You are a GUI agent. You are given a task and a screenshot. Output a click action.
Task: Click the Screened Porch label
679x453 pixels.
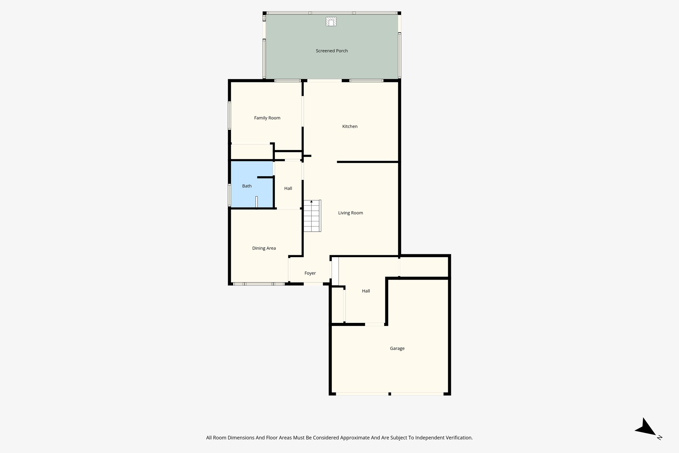click(332, 51)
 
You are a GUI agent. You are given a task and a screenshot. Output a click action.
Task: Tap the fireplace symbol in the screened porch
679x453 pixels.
click(331, 22)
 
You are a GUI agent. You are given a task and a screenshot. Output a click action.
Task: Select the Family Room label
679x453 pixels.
click(267, 118)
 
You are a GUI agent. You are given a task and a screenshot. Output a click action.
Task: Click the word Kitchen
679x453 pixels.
click(350, 126)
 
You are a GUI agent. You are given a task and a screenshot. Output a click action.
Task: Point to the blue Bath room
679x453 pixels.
click(247, 186)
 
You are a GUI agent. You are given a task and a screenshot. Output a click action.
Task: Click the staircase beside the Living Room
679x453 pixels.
click(312, 217)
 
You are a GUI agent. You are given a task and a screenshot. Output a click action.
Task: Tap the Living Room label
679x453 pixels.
click(350, 213)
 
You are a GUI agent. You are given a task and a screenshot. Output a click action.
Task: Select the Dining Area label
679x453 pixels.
click(264, 248)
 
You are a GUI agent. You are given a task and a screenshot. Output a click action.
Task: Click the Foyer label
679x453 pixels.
click(310, 273)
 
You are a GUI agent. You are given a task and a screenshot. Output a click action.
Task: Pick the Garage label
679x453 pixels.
click(397, 348)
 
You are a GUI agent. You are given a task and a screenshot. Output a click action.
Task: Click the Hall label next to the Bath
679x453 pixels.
click(288, 189)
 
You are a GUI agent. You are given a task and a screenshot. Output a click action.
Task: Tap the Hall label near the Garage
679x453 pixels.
click(366, 291)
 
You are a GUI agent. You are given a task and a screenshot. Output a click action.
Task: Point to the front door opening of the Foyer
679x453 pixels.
click(313, 284)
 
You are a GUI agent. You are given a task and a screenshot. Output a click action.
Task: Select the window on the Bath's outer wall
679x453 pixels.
click(229, 195)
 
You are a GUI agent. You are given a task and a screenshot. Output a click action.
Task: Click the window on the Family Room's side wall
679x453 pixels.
click(229, 115)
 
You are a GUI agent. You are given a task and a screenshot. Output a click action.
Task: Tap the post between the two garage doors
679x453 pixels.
click(390, 394)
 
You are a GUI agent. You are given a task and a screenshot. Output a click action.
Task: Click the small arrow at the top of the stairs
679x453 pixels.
click(311, 201)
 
